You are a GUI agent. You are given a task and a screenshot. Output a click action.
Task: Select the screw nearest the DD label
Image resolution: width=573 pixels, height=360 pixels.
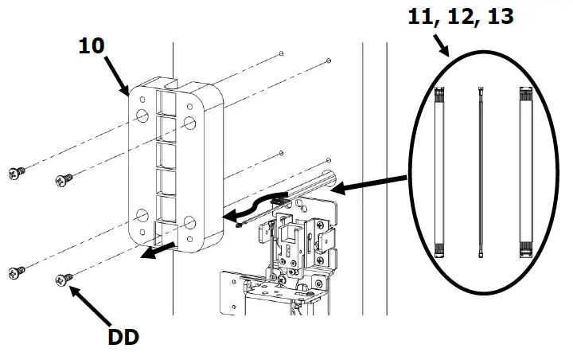click(x=62, y=279)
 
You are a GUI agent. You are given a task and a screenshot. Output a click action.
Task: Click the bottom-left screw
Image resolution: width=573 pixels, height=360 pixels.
click(x=17, y=273)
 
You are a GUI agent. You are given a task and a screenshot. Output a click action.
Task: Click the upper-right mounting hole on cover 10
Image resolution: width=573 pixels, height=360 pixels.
click(x=190, y=123)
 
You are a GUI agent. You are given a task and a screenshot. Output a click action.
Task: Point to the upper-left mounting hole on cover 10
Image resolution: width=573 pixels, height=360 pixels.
click(x=141, y=118)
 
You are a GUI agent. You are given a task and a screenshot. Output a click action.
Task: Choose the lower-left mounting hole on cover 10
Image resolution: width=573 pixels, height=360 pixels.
click(x=141, y=214)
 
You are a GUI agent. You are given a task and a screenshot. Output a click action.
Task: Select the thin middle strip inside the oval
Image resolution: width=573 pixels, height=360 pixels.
click(x=481, y=170)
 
